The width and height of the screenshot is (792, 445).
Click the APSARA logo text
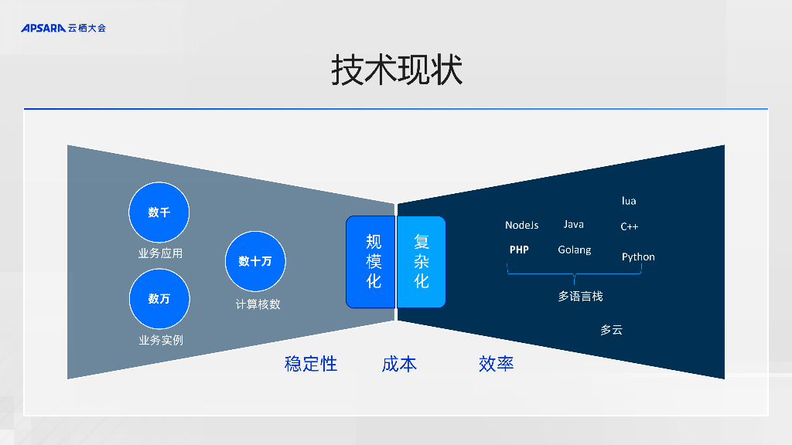click(43, 28)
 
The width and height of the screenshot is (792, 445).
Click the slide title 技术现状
click(396, 70)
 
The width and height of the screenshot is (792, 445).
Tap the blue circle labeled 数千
click(159, 212)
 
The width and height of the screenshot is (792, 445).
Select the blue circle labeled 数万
click(159, 298)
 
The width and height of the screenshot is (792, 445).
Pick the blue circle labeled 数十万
click(255, 261)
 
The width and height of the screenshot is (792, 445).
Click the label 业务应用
click(160, 253)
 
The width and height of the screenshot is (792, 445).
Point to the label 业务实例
click(160, 340)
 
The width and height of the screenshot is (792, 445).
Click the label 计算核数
click(258, 304)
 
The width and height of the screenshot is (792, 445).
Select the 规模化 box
click(371, 262)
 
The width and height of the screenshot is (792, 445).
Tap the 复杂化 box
click(422, 262)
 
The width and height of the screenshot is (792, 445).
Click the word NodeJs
click(521, 225)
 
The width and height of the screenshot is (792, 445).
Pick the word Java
click(573, 224)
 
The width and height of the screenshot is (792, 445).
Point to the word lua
click(629, 201)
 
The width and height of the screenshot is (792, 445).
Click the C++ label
click(629, 227)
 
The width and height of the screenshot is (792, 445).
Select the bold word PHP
click(519, 250)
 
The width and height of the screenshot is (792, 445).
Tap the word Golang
click(574, 250)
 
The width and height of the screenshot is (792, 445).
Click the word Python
click(638, 256)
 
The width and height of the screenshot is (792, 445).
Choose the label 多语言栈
click(580, 296)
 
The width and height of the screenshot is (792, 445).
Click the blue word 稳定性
click(311, 364)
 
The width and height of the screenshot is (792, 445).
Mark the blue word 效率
click(496, 364)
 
